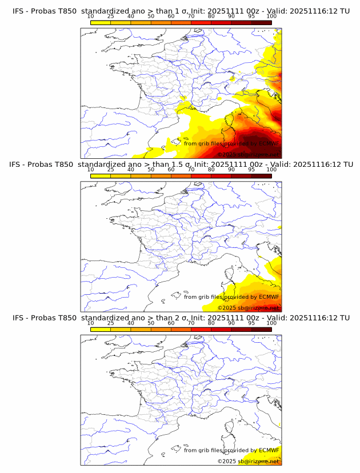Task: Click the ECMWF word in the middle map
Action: (x=269, y=297)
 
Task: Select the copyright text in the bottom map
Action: (x=248, y=461)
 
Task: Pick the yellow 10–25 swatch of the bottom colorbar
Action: (x=101, y=330)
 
